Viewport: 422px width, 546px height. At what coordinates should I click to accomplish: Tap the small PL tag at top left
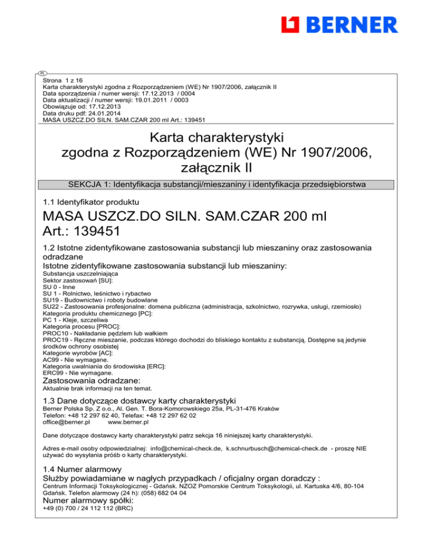(42, 73)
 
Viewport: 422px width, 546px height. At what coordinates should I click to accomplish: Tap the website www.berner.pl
(128, 423)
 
